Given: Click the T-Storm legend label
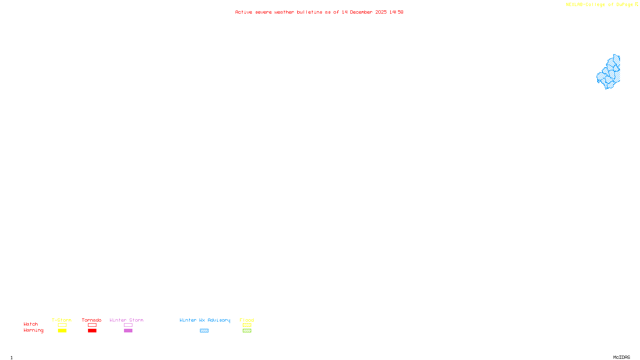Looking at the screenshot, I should (x=62, y=320).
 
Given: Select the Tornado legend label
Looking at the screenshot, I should (x=92, y=320).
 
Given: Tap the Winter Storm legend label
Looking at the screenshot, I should (x=126, y=320).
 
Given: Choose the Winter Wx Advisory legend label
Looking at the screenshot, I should (x=205, y=320).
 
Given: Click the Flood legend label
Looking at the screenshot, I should (x=247, y=320).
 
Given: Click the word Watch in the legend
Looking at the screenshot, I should (x=31, y=324).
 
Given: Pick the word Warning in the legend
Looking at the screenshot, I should (x=33, y=330).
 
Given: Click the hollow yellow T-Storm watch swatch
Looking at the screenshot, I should (x=62, y=325).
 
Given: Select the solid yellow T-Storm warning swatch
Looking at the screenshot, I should (x=62, y=331).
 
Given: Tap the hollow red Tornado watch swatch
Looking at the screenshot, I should (x=92, y=325).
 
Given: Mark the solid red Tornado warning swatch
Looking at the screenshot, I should (x=92, y=331).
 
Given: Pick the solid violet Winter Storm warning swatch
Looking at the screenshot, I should (x=128, y=331).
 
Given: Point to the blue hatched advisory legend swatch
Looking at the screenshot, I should (x=204, y=331).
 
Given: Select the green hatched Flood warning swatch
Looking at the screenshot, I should (x=247, y=331).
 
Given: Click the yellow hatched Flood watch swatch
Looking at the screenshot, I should (x=247, y=325).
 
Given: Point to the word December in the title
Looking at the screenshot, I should (x=361, y=12).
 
